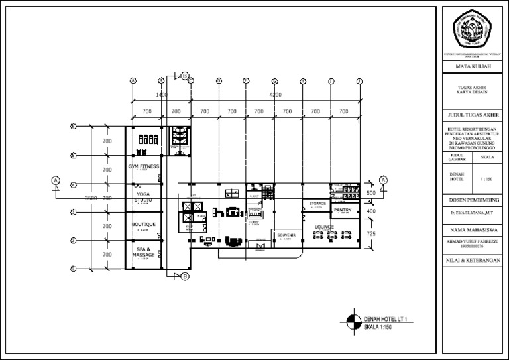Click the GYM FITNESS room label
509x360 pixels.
(144, 166)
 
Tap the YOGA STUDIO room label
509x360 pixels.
(143, 196)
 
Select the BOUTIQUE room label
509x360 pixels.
(143, 225)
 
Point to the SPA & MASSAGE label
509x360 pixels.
(143, 252)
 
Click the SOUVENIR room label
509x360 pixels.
(286, 235)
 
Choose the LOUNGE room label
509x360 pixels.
(324, 227)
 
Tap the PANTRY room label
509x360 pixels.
(343, 210)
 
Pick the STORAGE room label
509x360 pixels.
(317, 203)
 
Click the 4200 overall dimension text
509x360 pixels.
(275, 95)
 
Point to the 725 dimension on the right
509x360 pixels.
(371, 235)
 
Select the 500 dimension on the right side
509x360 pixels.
(371, 192)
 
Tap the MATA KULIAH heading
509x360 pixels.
(473, 67)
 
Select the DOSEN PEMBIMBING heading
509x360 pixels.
(473, 200)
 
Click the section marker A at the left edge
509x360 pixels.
(56, 180)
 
